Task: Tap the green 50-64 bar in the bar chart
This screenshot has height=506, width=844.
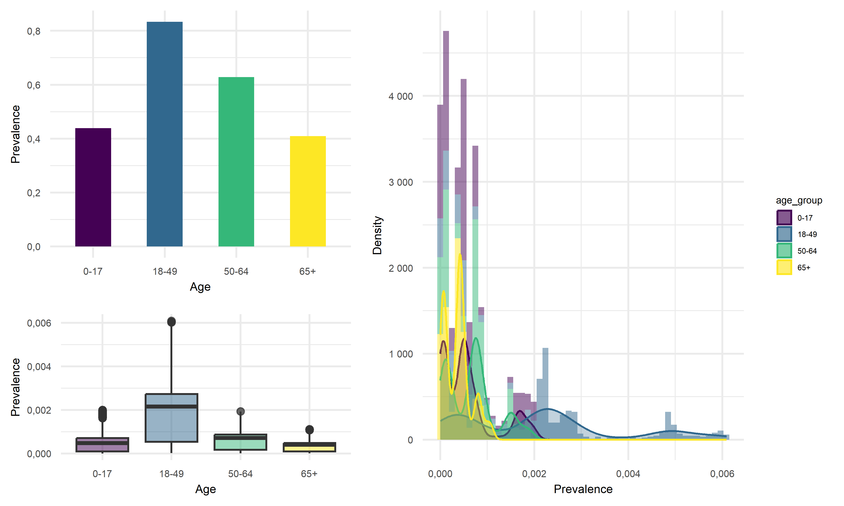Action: pyautogui.click(x=236, y=162)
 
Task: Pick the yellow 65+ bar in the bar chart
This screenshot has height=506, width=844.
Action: pyautogui.click(x=308, y=191)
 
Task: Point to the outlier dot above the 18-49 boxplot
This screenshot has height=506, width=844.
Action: pyautogui.click(x=171, y=322)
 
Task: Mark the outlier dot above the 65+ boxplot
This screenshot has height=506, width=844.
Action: pyautogui.click(x=309, y=429)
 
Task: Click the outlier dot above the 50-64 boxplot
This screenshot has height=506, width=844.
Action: pyautogui.click(x=241, y=411)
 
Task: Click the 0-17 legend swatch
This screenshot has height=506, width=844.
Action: pyautogui.click(x=784, y=218)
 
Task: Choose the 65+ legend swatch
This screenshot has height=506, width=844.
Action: pyautogui.click(x=784, y=267)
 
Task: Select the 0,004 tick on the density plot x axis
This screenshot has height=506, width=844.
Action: pyautogui.click(x=628, y=474)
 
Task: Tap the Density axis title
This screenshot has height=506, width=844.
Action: pyautogui.click(x=377, y=235)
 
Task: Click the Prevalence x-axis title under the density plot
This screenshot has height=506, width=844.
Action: pyautogui.click(x=583, y=489)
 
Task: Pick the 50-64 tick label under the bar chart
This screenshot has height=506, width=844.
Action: pyautogui.click(x=236, y=272)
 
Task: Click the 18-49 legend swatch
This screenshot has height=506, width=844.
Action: pyautogui.click(x=784, y=234)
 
